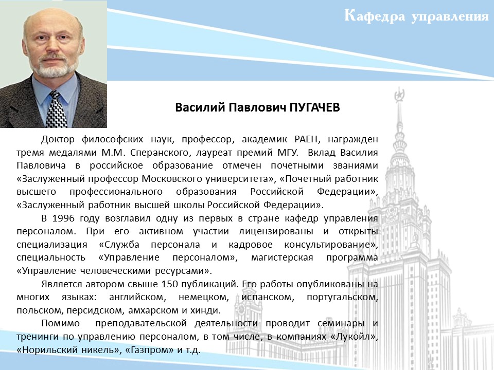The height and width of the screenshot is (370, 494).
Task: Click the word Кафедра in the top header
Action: [374, 16]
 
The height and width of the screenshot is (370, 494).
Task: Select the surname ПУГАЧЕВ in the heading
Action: [314, 107]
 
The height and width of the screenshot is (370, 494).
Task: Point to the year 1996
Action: [63, 218]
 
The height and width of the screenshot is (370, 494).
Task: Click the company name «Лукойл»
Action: [354, 337]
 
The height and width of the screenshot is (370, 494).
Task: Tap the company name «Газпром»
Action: [149, 350]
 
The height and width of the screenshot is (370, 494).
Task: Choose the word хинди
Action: [205, 310]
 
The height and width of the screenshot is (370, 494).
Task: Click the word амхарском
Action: [153, 310]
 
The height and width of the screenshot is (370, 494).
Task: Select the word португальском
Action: [342, 298]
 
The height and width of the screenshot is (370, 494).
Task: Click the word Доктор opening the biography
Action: [58, 139]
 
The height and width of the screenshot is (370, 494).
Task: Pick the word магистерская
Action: [282, 257]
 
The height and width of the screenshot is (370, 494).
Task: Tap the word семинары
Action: [341, 323]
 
